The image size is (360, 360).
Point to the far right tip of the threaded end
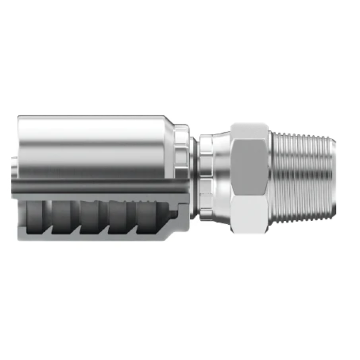[335, 175]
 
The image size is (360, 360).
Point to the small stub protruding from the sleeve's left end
[14, 169]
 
